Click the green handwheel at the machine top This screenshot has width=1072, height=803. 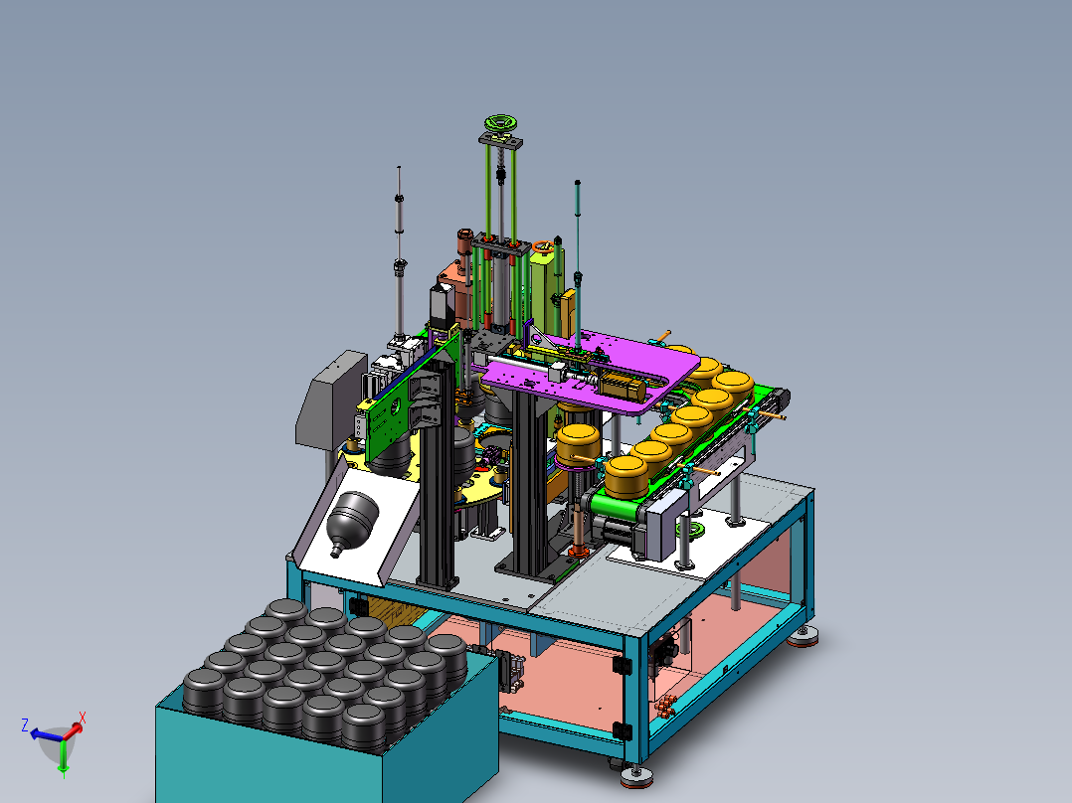(500, 123)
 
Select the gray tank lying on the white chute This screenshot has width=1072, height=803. (352, 521)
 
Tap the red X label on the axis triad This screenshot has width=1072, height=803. (82, 718)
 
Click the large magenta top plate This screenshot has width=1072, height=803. (588, 373)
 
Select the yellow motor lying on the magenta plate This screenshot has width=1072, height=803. (622, 387)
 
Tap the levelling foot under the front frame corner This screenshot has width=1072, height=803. (636, 775)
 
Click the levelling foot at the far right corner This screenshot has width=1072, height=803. (803, 638)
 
